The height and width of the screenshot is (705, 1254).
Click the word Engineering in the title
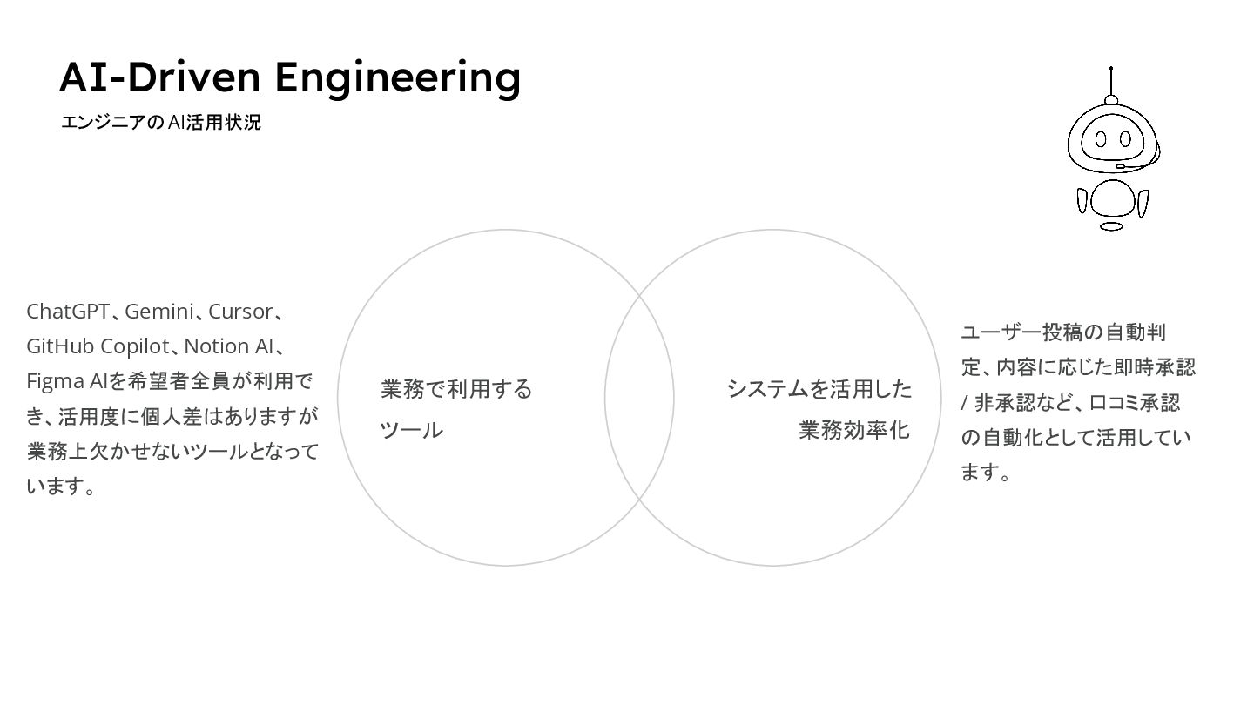(398, 77)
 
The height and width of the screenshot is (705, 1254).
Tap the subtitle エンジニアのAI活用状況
(161, 123)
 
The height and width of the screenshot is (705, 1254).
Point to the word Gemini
(159, 312)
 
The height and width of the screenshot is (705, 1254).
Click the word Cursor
(240, 312)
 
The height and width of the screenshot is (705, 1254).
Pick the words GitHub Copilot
(98, 346)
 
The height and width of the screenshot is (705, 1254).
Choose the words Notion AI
(229, 346)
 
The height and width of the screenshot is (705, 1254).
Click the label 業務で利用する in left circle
(456, 389)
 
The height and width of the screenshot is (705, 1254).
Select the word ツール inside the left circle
(412, 430)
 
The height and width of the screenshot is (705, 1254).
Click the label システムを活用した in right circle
(819, 389)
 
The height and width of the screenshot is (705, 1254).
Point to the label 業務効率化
(854, 430)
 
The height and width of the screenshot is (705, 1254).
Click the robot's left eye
(1101, 139)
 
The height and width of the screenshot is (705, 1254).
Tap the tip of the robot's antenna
(1111, 68)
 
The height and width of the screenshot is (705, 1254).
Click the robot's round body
(1113, 199)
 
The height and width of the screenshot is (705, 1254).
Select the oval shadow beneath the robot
(1111, 226)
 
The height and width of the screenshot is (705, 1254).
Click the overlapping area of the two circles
(639, 398)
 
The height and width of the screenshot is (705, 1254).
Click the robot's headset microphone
(1120, 166)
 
